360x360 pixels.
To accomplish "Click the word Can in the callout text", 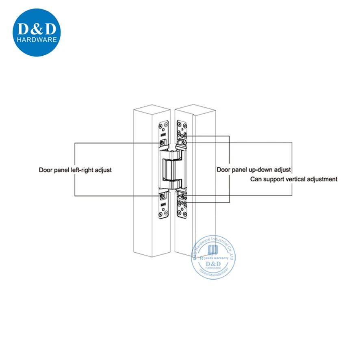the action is point(254,178).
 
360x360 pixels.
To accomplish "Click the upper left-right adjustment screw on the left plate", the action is point(163,143).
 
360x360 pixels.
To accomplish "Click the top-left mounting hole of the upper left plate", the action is point(160,123).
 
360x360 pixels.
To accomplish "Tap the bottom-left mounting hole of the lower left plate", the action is point(160,214).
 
